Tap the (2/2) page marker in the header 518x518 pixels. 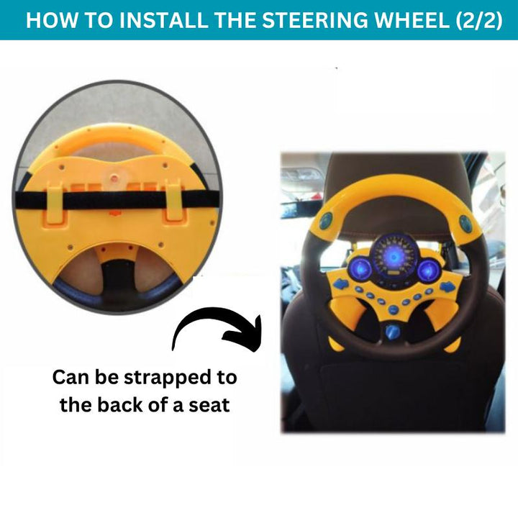(x=478, y=20)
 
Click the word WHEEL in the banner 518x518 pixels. (x=411, y=20)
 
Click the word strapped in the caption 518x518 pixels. (x=167, y=378)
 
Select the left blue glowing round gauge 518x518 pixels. (x=360, y=268)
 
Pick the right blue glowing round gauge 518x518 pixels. (x=428, y=270)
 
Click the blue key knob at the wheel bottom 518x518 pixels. (x=393, y=332)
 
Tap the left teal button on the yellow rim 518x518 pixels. (x=326, y=221)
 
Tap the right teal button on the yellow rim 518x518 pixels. (x=465, y=222)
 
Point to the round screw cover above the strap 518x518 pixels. (x=114, y=178)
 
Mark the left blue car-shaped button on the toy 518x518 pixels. (x=341, y=283)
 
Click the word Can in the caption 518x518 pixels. (x=68, y=377)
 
